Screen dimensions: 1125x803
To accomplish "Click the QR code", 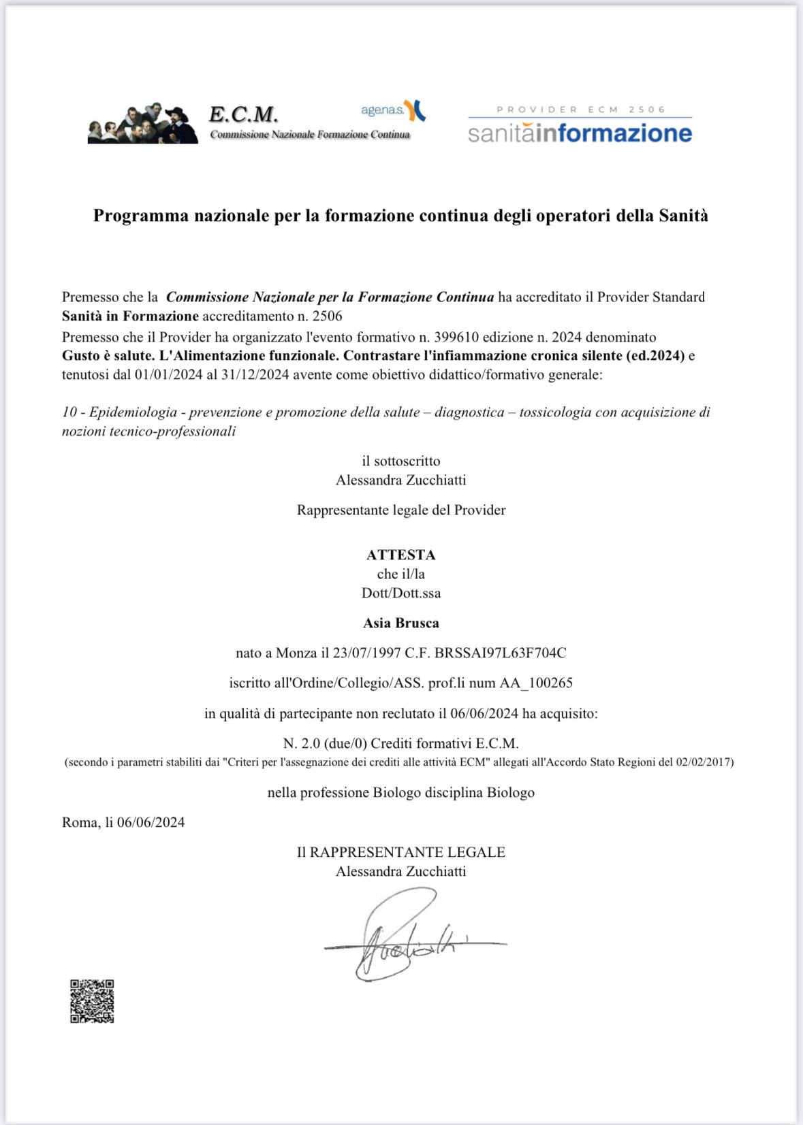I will pos(92,1001).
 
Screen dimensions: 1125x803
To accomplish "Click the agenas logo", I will pos(393,110).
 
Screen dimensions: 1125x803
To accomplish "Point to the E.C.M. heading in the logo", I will pos(243,114).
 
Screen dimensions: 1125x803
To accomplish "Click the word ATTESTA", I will pos(400,555).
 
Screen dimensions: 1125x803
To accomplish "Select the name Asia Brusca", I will pos(400,623).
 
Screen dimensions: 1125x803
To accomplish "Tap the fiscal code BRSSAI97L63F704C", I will pos(500,653).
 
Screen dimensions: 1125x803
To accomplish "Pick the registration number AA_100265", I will pos(536,683).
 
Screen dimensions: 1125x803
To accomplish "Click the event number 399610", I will pos(458,337).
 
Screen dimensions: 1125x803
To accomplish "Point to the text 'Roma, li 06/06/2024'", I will pos(123,822).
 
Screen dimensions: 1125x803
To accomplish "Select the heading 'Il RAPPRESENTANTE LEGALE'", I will pos(400,852).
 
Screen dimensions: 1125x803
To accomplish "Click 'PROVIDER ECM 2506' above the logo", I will pos(580,110).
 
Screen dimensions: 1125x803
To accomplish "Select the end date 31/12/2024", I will pos(255,374).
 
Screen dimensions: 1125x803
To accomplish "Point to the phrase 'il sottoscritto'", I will pos(400,461).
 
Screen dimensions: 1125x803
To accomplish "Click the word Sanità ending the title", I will pos(683,216).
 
